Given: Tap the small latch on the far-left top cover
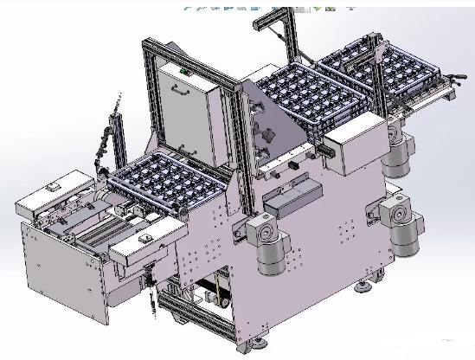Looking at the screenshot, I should pyautogui.click(x=52, y=185).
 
